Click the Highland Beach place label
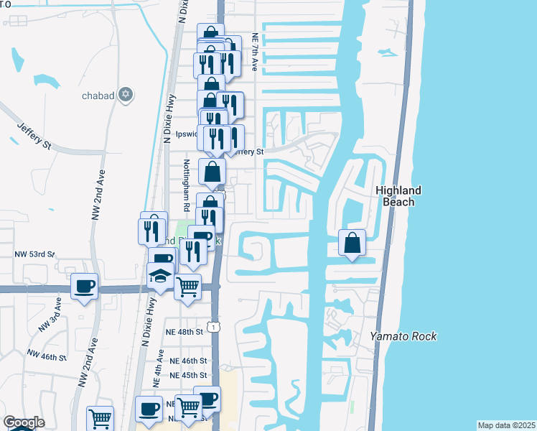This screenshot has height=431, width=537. pos(397,196)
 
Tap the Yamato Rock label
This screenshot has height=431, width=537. pos(403,336)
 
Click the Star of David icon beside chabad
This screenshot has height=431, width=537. pos(126,94)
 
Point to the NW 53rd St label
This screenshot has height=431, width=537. pos(34,255)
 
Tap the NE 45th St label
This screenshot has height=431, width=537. pos(188,375)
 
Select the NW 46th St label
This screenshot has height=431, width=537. pos(47,355)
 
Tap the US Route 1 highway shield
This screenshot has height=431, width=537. pos(213,327)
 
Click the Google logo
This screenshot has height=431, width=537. pos(24,422)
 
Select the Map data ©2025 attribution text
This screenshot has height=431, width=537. pos(506,425)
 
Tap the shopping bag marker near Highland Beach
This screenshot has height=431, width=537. pos(352,243)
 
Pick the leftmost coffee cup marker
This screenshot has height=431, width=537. pos(85,286)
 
